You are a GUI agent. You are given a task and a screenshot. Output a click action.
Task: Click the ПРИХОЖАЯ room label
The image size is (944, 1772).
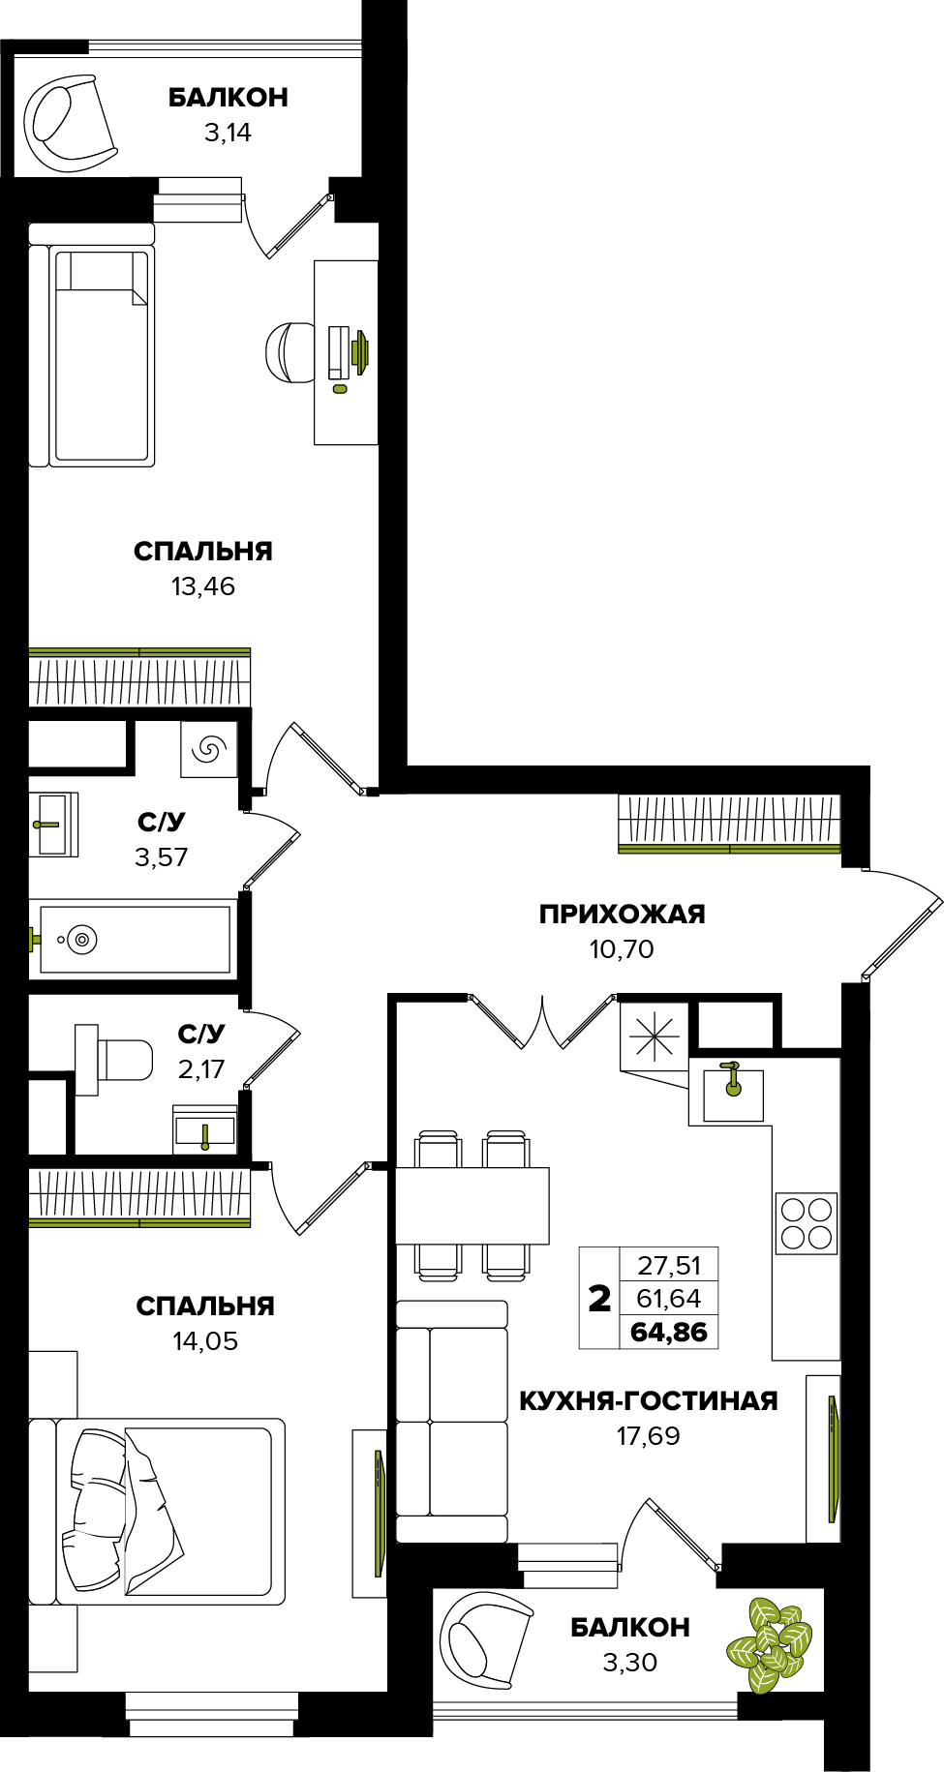(x=622, y=914)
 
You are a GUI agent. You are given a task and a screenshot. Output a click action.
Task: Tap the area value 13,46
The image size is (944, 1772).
(x=203, y=586)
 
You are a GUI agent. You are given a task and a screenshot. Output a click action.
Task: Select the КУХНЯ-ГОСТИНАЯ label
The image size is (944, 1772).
(x=649, y=1400)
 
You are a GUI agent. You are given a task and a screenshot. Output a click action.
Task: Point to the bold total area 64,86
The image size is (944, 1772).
(x=669, y=1332)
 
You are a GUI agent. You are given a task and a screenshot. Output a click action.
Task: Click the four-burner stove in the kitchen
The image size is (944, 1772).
(x=807, y=1224)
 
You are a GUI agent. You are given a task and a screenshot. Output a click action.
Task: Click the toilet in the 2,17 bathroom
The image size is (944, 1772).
(x=114, y=1060)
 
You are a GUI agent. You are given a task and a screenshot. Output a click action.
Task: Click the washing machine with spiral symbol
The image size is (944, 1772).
(x=209, y=748)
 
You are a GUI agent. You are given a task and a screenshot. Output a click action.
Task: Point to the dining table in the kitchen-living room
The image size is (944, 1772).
(x=472, y=1205)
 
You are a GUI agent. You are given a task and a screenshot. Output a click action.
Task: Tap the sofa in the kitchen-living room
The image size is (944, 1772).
(x=452, y=1422)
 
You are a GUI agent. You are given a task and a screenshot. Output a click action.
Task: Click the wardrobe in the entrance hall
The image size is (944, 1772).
(x=730, y=824)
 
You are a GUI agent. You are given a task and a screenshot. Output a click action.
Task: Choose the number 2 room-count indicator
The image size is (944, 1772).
(x=599, y=1299)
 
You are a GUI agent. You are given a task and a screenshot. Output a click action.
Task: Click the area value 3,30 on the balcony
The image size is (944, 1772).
(x=629, y=1663)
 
